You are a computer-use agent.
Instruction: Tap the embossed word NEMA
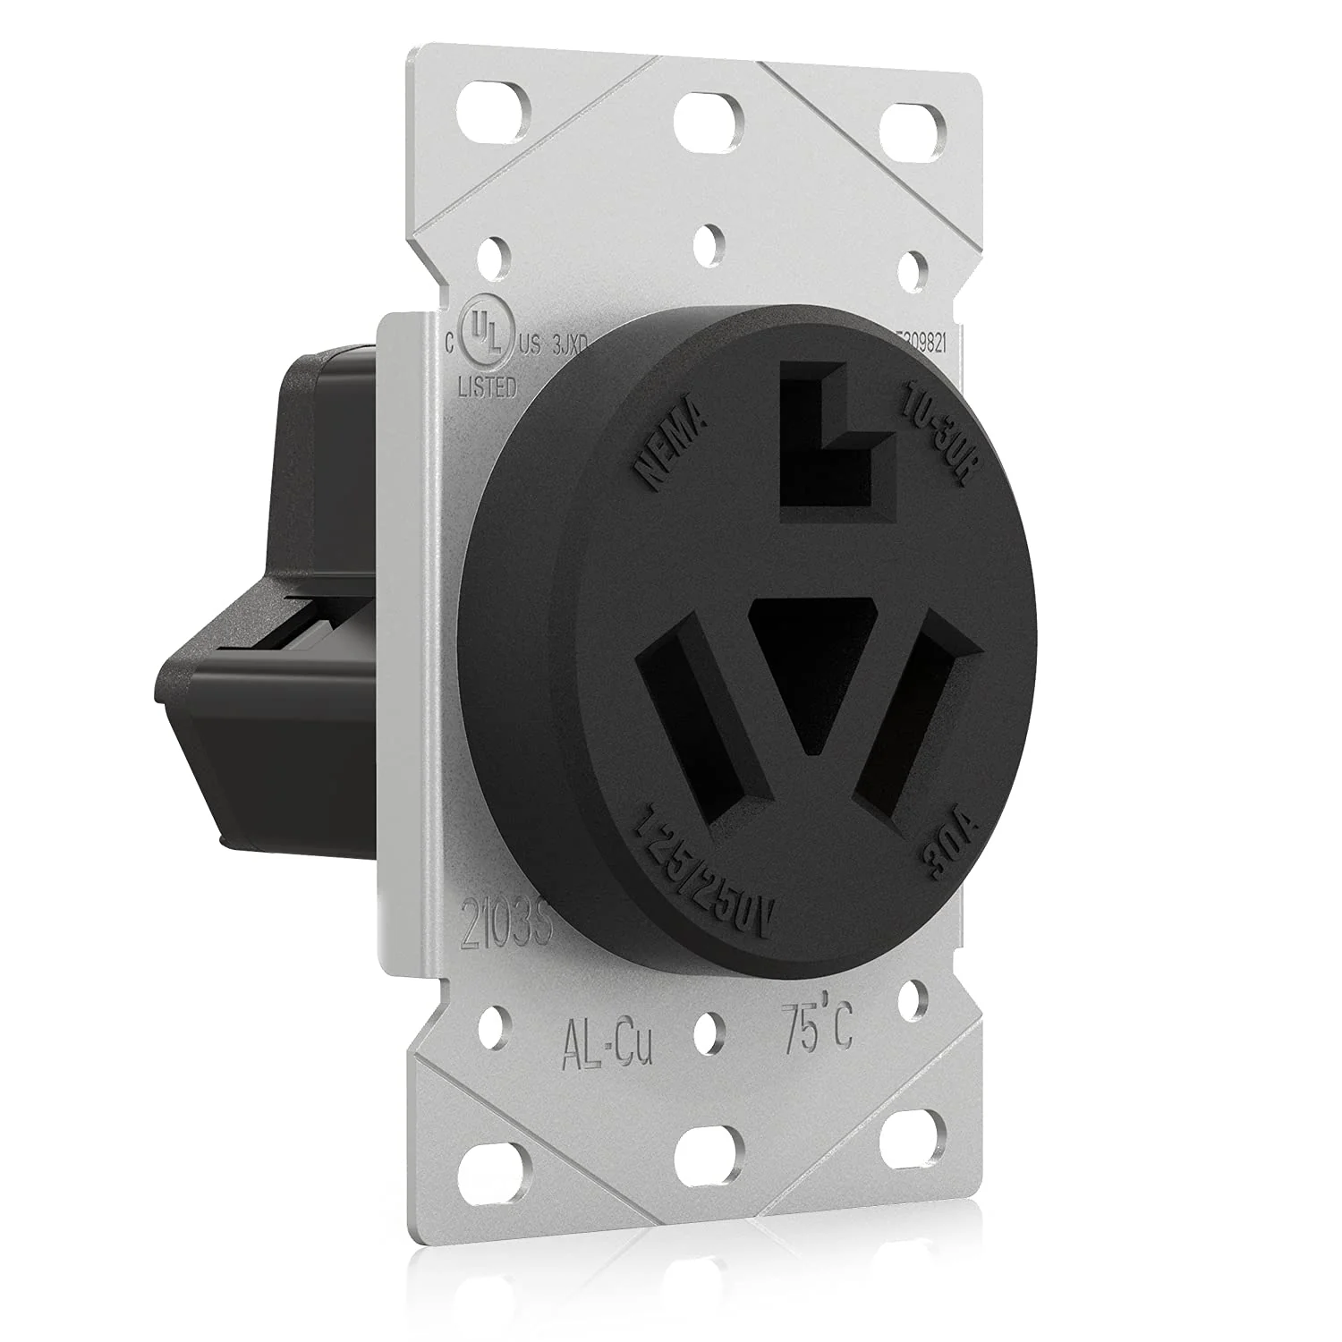(671, 447)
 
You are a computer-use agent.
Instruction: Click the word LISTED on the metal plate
(488, 386)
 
